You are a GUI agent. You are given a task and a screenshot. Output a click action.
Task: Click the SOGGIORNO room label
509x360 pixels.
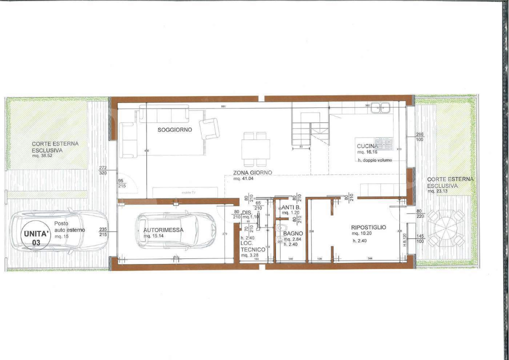point(175,130)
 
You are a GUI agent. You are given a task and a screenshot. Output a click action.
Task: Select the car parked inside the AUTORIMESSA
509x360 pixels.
point(175,230)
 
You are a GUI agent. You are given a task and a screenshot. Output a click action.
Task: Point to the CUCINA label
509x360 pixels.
point(366,146)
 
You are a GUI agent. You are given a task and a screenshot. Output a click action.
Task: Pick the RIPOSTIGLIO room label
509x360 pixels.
point(368,227)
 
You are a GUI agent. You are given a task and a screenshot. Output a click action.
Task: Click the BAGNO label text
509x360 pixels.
point(292,233)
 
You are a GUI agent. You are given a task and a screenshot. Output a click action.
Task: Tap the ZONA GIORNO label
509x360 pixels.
point(252,172)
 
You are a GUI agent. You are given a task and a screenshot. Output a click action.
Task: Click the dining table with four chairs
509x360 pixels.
point(255,149)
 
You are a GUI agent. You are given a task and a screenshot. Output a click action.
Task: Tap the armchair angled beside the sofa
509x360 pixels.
point(209,129)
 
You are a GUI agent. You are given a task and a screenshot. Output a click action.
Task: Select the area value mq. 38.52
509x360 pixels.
point(43,155)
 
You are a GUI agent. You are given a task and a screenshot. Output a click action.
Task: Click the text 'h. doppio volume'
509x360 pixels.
point(374,160)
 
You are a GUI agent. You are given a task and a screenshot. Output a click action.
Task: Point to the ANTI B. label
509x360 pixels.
point(290,207)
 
